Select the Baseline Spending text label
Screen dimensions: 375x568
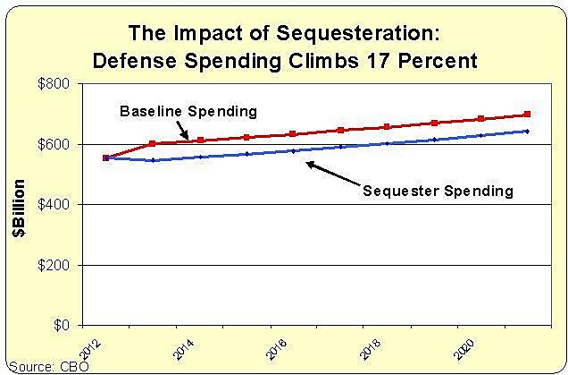188,111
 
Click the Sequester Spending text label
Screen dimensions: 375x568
438,191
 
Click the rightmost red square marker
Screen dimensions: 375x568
527,115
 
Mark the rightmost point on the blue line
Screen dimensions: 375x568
527,132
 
